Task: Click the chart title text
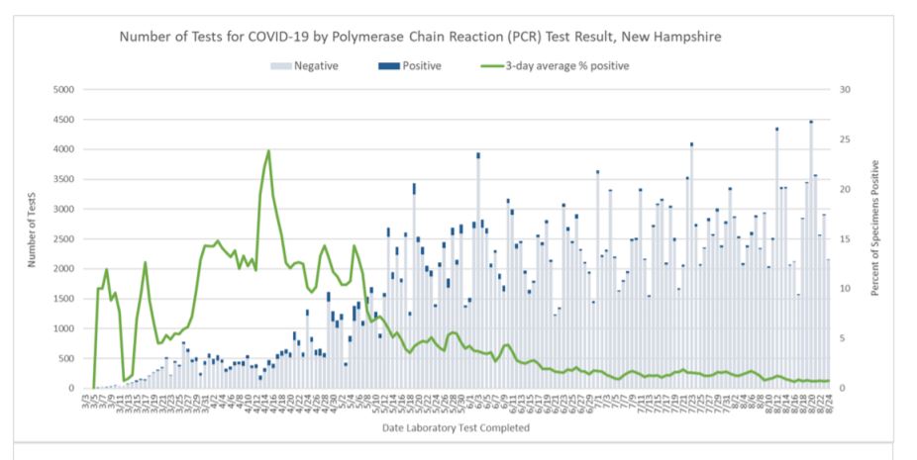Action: point(420,37)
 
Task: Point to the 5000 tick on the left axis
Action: point(63,90)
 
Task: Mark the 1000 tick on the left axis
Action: point(63,328)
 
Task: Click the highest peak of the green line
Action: point(268,151)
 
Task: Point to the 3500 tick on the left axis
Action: point(63,180)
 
